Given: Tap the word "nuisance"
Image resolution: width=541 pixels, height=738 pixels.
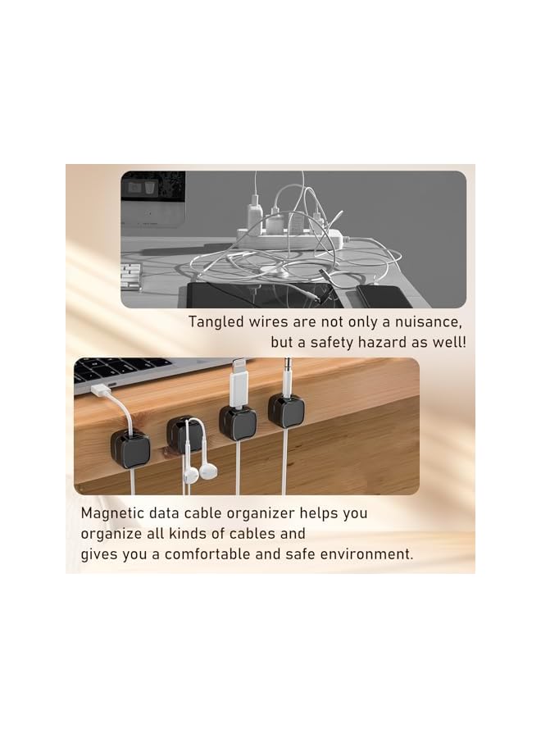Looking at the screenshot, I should [x=426, y=321].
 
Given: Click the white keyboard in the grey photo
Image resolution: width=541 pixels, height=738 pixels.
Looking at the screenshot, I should [x=131, y=276].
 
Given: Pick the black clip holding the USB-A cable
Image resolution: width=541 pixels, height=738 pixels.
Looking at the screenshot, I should [x=130, y=446].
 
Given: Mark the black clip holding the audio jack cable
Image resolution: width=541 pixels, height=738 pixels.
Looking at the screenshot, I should [x=286, y=411].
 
